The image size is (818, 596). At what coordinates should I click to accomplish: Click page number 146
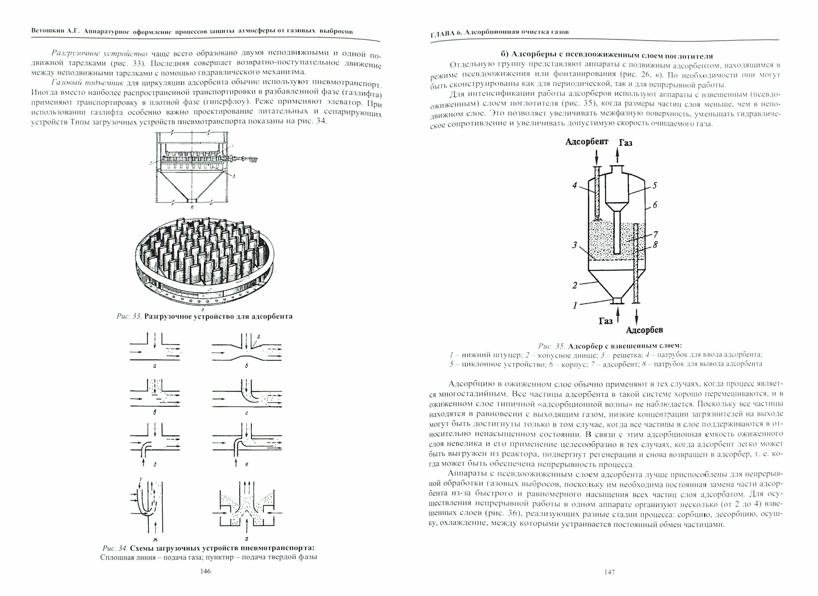pos(206,571)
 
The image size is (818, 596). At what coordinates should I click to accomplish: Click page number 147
pos(609,572)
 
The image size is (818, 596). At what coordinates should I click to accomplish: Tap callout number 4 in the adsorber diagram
pos(575,186)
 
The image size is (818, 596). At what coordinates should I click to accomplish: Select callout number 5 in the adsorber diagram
pos(654,185)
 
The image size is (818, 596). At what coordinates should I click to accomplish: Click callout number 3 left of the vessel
pos(575,245)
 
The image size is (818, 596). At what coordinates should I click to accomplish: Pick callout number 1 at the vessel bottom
pos(575,305)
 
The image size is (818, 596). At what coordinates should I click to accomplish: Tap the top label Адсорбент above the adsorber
pos(587,142)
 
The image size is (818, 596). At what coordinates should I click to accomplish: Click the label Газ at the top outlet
pos(626,142)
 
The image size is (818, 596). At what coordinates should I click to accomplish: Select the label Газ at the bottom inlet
pos(606,321)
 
